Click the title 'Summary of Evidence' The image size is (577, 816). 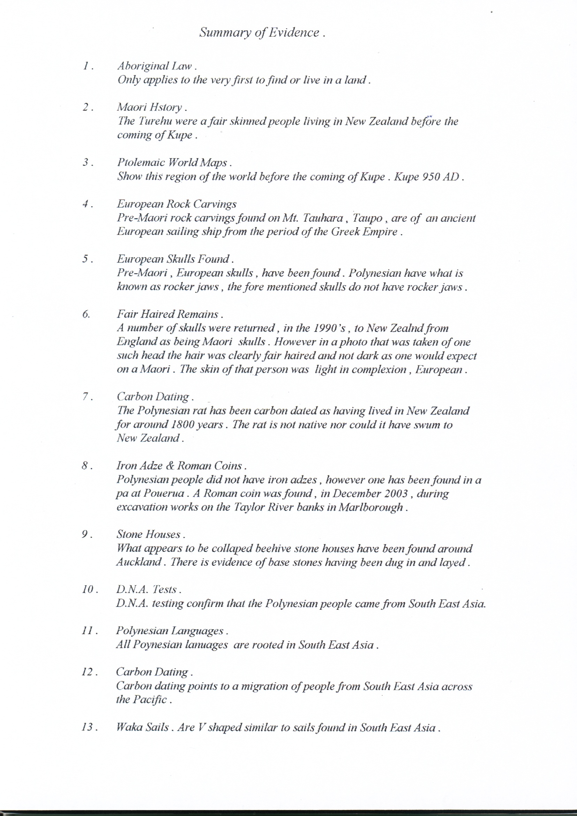(262, 33)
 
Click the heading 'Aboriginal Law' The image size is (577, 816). (156, 66)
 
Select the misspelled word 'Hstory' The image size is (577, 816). (166, 107)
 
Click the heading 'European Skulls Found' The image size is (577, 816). (175, 259)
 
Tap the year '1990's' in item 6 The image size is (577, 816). (329, 328)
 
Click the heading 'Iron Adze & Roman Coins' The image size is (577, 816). (181, 466)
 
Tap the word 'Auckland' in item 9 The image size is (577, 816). (138, 562)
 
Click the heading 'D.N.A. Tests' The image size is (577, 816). (148, 589)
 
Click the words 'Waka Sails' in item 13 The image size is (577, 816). (142, 727)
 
